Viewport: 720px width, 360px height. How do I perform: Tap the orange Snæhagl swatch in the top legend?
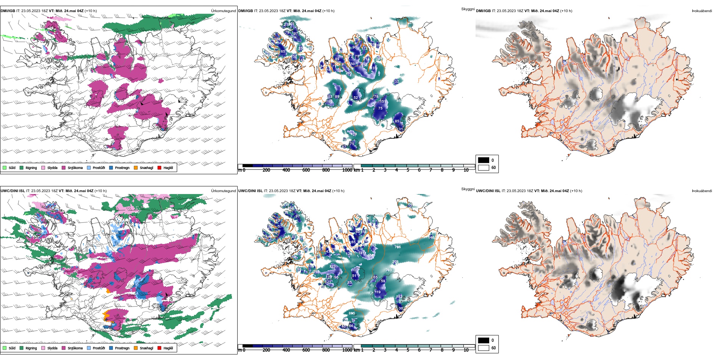[x=136, y=167]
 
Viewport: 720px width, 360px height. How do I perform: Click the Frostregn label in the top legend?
[x=122, y=167]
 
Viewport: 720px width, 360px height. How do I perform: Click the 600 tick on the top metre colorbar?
[x=306, y=170]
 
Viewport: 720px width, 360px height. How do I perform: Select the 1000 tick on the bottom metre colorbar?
[x=347, y=350]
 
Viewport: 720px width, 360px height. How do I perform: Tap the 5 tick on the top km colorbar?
[x=408, y=170]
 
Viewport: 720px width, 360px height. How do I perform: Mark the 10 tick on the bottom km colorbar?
[x=466, y=350]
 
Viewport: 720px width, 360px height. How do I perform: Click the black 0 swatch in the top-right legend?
[x=484, y=160]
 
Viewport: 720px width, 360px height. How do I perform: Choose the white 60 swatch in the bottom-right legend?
[x=484, y=347]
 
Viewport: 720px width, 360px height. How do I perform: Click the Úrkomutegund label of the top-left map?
[x=223, y=11]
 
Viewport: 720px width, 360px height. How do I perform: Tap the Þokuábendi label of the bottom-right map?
[x=702, y=191]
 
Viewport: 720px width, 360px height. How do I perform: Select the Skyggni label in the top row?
[x=468, y=9]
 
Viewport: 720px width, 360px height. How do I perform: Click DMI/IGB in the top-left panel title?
[x=8, y=11]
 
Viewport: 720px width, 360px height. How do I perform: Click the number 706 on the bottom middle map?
[x=398, y=247]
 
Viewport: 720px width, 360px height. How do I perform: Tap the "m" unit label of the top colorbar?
[x=239, y=170]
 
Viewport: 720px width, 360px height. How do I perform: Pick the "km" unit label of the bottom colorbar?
[x=357, y=350]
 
